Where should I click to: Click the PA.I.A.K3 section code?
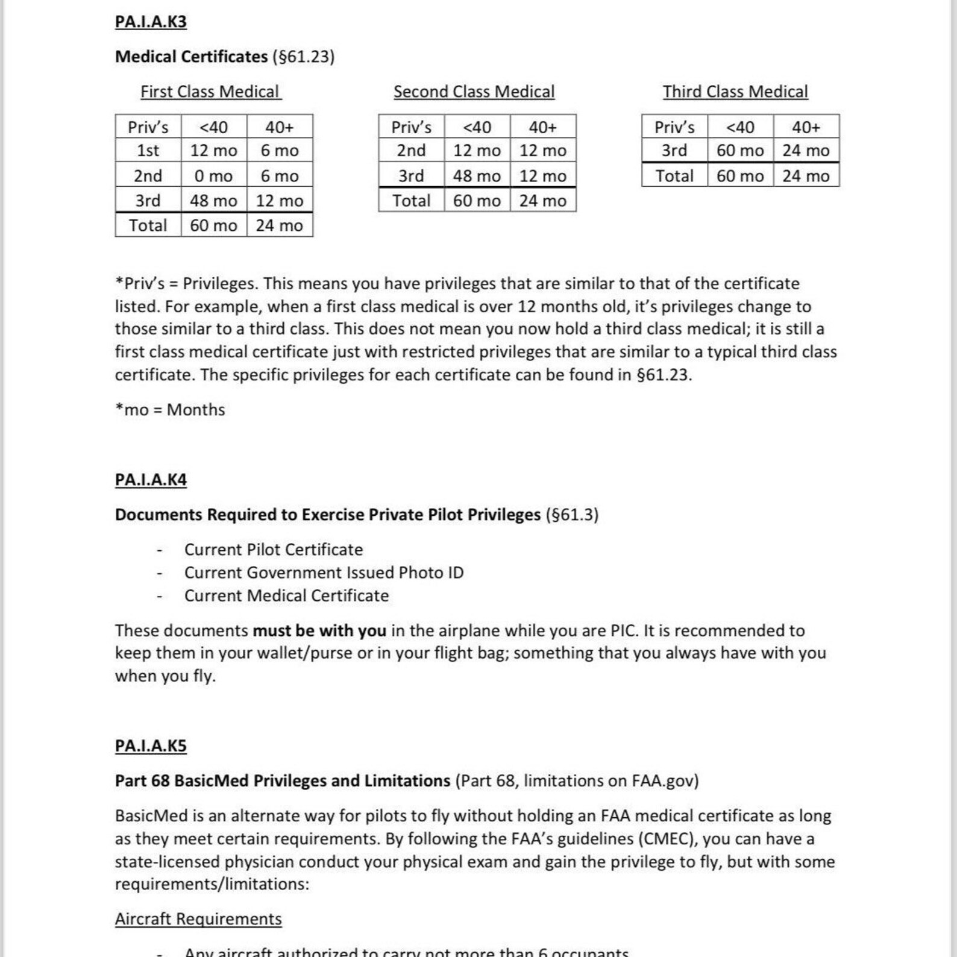(151, 22)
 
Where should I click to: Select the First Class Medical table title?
(210, 92)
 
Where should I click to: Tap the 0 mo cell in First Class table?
(213, 176)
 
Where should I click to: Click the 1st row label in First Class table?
(148, 151)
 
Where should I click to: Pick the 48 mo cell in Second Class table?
(477, 176)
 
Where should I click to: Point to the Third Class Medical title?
(735, 92)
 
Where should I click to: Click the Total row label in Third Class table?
(674, 176)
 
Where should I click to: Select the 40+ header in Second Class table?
(542, 127)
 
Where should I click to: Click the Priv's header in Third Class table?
(674, 127)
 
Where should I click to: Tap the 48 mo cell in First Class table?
(213, 201)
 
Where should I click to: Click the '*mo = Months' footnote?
(170, 410)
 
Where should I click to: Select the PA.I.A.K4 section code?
(151, 480)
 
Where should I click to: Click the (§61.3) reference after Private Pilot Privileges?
(572, 515)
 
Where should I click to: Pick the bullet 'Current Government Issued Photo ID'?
(324, 573)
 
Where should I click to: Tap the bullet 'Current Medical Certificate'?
(286, 595)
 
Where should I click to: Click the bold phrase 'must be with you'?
(319, 630)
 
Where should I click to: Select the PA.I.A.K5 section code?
(151, 745)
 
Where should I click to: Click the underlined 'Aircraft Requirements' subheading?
(198, 919)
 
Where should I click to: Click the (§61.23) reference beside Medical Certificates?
(304, 57)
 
